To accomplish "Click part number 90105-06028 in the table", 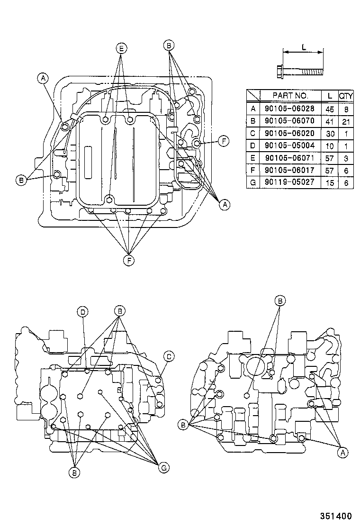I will tap(290, 108).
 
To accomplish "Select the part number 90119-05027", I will tap(290, 182).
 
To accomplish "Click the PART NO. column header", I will tap(290, 96).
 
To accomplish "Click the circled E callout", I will tap(121, 48).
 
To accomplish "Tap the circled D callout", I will tap(82, 311).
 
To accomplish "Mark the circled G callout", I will tap(163, 468).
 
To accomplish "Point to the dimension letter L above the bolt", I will tap(303, 47).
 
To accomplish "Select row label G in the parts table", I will tap(253, 182).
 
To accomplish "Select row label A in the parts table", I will tap(253, 108).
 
